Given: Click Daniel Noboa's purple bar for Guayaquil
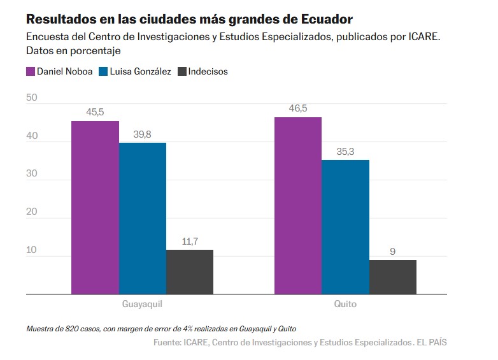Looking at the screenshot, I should (x=95, y=208).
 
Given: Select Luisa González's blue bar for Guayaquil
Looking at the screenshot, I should (x=143, y=219).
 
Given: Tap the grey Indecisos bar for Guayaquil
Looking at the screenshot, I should (x=190, y=272).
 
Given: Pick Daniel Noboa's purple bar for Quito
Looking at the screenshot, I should (x=297, y=206).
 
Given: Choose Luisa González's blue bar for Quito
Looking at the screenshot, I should (x=345, y=227).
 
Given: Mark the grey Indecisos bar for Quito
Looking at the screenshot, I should (x=392, y=277).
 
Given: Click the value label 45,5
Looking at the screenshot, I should (x=95, y=112).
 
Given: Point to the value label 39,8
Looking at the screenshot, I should (x=143, y=134).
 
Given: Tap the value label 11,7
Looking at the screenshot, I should (x=190, y=241).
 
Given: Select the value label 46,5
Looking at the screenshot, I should (x=297, y=108).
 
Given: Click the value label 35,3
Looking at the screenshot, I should (x=345, y=151).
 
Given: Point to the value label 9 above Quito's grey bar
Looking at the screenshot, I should (x=392, y=251).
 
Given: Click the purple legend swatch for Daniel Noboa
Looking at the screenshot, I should (x=31, y=71).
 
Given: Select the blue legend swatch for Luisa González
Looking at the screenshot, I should (x=105, y=71).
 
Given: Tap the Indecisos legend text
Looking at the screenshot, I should (x=208, y=71).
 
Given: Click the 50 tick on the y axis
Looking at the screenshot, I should (x=32, y=98).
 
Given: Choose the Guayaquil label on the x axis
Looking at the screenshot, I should (x=142, y=304).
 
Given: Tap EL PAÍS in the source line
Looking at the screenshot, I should (x=432, y=343).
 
